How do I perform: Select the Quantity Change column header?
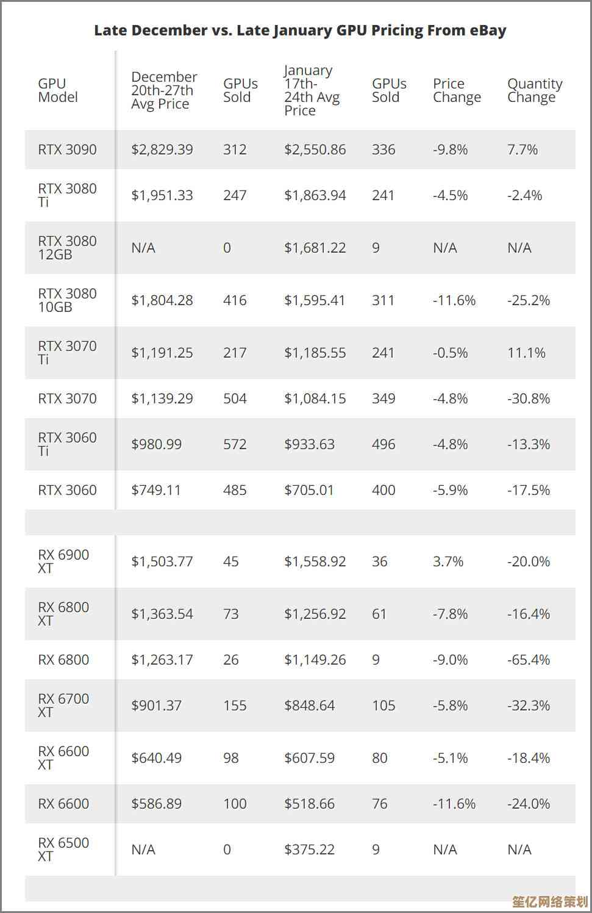[535, 90]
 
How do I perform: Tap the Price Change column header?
[457, 90]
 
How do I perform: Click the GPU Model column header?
[58, 90]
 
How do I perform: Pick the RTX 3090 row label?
[67, 150]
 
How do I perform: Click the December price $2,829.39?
[162, 150]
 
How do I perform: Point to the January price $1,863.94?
[315, 195]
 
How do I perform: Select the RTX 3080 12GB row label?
[67, 248]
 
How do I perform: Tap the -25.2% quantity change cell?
[529, 300]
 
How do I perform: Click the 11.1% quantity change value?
[526, 353]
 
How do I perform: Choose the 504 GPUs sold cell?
[235, 399]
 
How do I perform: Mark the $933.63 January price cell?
[309, 444]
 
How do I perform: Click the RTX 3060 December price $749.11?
[156, 490]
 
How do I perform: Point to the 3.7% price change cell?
[448, 561]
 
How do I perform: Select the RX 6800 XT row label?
[63, 614]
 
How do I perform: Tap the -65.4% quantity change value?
[529, 660]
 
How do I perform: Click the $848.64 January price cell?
[309, 706]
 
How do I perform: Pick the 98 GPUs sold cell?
[230, 758]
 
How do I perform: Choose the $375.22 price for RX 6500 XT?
[309, 850]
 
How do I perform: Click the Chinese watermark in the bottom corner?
[550, 901]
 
